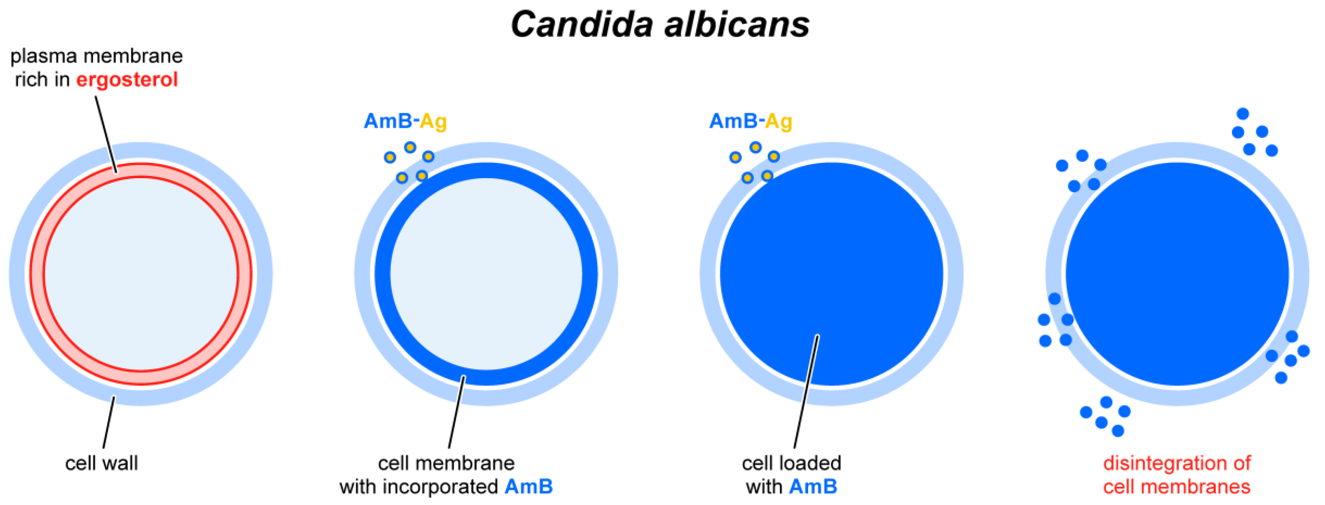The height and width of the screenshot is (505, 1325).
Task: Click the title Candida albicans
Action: tap(660, 25)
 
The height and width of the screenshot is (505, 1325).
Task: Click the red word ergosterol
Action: tap(127, 80)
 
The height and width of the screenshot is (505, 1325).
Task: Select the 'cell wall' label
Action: tap(101, 463)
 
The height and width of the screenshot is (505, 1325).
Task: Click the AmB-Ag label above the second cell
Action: tap(405, 121)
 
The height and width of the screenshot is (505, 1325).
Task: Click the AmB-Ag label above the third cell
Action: tap(751, 121)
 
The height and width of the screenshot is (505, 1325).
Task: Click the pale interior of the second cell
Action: tap(486, 274)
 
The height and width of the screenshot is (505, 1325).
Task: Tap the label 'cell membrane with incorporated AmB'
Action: tap(446, 475)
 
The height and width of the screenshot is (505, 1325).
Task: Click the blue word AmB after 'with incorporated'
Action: tap(528, 487)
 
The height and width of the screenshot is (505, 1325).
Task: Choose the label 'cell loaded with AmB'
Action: tap(791, 475)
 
